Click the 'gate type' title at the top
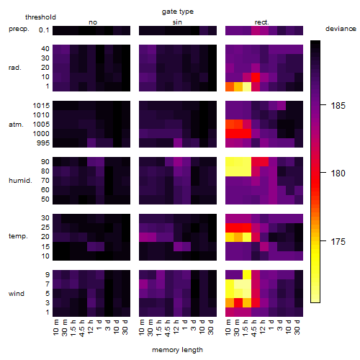(x=178, y=12)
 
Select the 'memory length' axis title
(x=177, y=350)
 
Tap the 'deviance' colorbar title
(x=341, y=29)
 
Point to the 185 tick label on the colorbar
(x=338, y=106)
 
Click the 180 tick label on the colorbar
(x=338, y=174)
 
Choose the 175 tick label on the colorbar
(x=338, y=241)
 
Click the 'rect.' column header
(x=262, y=22)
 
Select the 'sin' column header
(x=177, y=22)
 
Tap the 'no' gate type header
(x=93, y=22)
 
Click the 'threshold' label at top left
(x=40, y=17)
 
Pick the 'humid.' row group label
(x=20, y=181)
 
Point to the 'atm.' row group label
(x=16, y=125)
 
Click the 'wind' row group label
(x=17, y=294)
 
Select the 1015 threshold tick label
(x=41, y=106)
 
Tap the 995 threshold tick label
(x=43, y=143)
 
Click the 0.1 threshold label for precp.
(x=44, y=30)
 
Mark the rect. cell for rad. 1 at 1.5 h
(x=247, y=86)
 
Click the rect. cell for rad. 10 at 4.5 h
(x=256, y=77)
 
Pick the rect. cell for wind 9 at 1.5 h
(x=247, y=275)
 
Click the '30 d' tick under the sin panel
(x=210, y=327)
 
